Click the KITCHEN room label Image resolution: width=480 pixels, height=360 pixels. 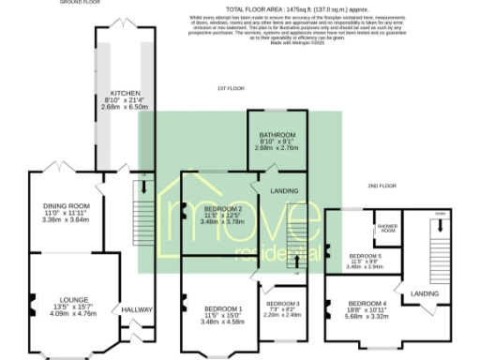point(125,94)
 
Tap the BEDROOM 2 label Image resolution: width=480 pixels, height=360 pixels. point(222,208)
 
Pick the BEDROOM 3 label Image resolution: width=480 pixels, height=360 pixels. point(282,303)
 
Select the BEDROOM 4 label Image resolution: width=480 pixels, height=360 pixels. point(367,303)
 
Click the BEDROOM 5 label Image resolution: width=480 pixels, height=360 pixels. point(366,255)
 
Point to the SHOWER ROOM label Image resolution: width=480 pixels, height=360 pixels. point(387,228)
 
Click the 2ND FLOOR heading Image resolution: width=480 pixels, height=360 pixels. point(382,187)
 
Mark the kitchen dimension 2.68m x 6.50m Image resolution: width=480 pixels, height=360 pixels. point(125,107)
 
